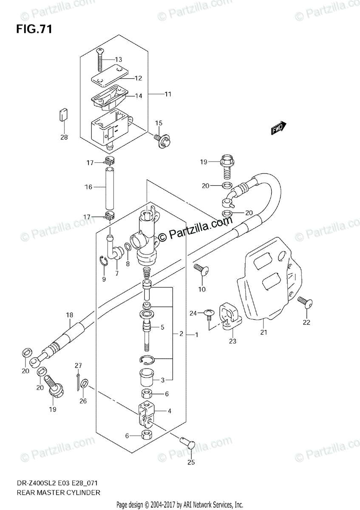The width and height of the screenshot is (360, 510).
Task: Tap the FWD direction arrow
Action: click(x=279, y=127)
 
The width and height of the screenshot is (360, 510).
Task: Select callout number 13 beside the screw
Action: click(x=118, y=59)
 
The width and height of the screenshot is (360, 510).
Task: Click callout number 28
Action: click(x=64, y=137)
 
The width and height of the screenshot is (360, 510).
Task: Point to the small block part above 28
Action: click(x=63, y=115)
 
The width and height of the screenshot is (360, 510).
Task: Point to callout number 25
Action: click(x=191, y=462)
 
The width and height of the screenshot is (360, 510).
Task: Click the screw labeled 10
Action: click(x=200, y=269)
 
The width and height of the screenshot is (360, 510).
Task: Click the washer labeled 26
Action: click(x=84, y=383)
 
